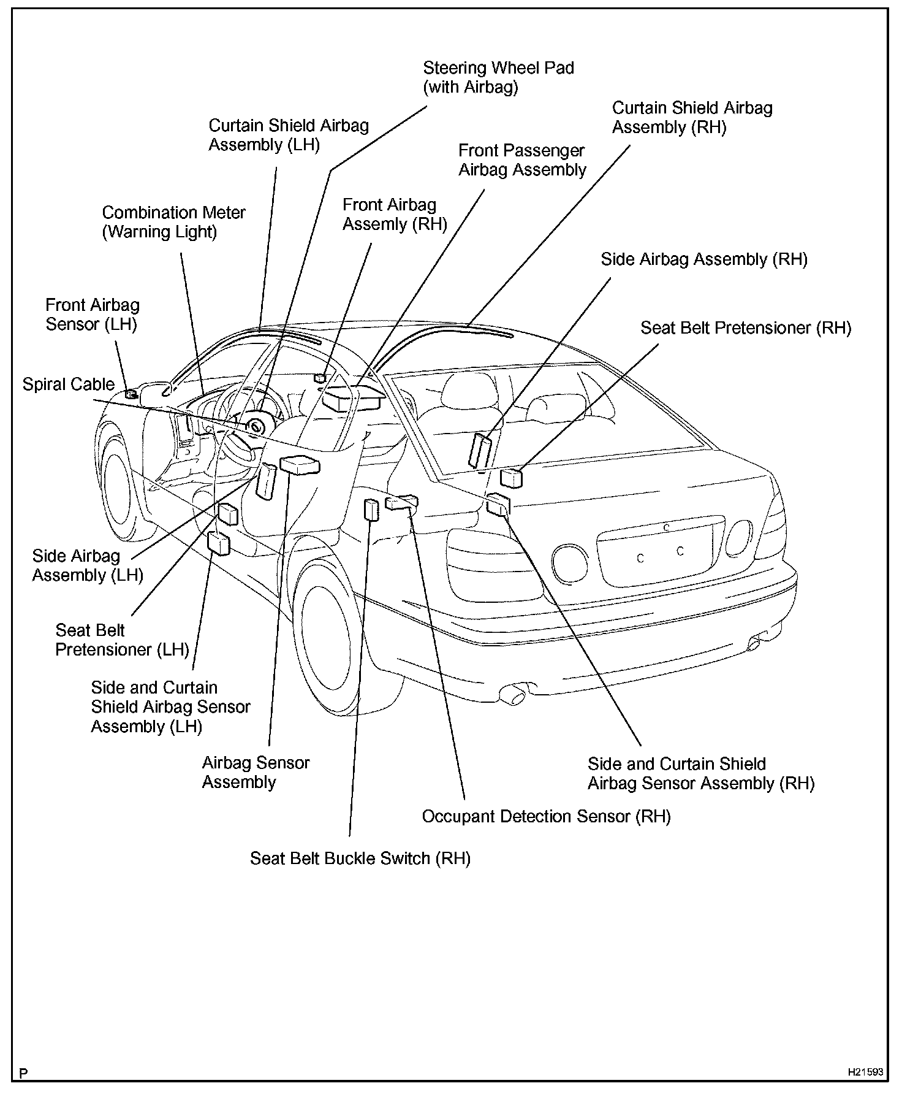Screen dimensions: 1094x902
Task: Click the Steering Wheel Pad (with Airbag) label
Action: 498,77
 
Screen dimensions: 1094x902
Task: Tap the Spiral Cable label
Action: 69,384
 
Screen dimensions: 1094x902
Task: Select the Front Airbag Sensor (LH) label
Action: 92,315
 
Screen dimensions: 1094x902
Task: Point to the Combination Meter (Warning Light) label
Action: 173,222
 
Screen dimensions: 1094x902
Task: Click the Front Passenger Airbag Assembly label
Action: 522,160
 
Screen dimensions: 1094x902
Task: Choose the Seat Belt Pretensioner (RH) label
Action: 746,328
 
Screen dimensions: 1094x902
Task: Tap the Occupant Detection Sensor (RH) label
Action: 546,817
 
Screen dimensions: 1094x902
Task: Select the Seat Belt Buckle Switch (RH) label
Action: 360,859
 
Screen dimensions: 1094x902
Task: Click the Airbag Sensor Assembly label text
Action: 256,773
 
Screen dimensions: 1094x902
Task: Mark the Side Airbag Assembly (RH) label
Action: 704,259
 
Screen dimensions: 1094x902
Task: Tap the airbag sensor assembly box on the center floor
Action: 300,465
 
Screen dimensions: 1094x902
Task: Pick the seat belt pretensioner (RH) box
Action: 511,477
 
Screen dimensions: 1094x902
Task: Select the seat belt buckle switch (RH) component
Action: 371,510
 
